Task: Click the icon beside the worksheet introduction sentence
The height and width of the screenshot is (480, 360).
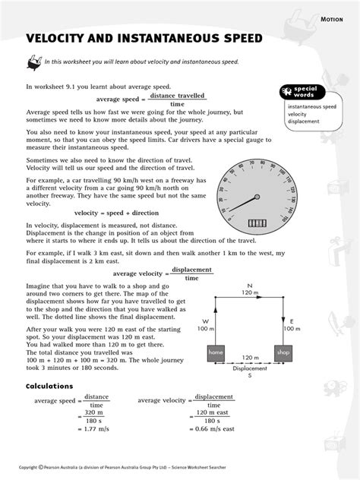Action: pos(34,62)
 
